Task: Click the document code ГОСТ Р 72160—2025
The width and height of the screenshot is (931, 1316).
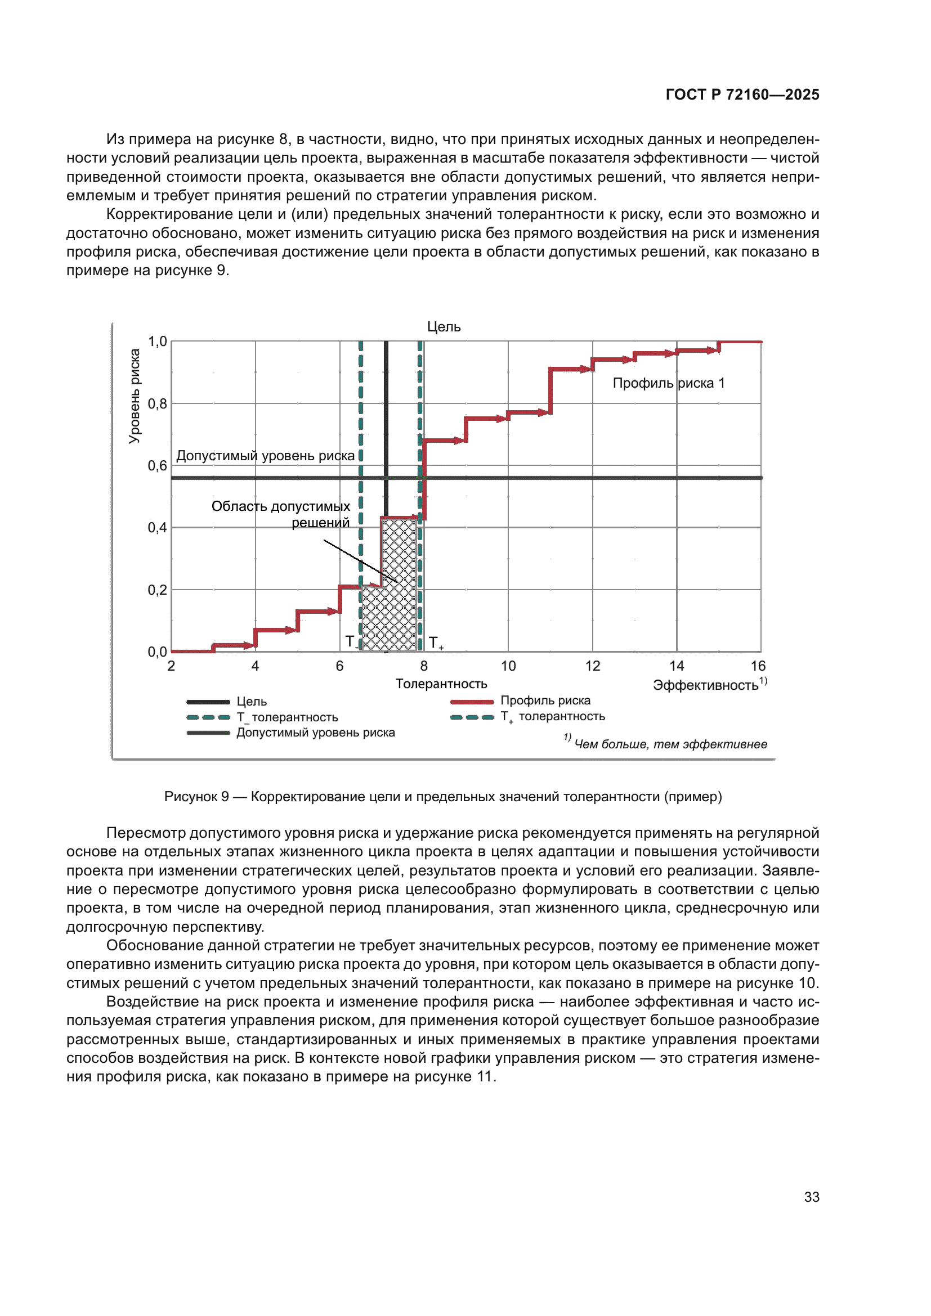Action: click(742, 95)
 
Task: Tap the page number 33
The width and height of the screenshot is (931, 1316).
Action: click(811, 1197)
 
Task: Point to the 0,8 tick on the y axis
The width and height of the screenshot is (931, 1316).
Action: click(157, 403)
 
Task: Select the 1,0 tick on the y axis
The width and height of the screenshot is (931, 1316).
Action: click(157, 342)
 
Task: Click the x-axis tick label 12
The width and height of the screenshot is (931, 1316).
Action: click(592, 666)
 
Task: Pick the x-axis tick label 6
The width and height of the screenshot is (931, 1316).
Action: click(339, 666)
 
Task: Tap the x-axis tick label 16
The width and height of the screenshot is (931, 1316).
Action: click(758, 666)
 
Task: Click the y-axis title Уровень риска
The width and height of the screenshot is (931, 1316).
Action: click(134, 396)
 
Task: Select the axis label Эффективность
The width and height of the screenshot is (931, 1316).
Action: click(706, 685)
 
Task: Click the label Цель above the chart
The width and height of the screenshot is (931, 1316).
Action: click(444, 327)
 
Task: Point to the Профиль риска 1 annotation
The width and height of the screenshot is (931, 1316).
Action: click(669, 383)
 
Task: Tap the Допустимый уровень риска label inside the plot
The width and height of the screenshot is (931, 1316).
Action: click(266, 456)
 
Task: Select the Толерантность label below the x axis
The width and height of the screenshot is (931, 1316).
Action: click(441, 684)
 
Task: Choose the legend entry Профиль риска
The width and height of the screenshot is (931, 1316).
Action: click(545, 700)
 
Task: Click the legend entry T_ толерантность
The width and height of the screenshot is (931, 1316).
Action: click(287, 717)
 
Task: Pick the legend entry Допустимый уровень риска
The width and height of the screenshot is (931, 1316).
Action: click(315, 733)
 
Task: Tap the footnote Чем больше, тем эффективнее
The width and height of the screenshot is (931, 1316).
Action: click(670, 744)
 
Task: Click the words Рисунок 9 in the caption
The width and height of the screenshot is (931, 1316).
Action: click(196, 797)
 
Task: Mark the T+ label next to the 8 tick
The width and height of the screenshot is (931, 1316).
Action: click(435, 643)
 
